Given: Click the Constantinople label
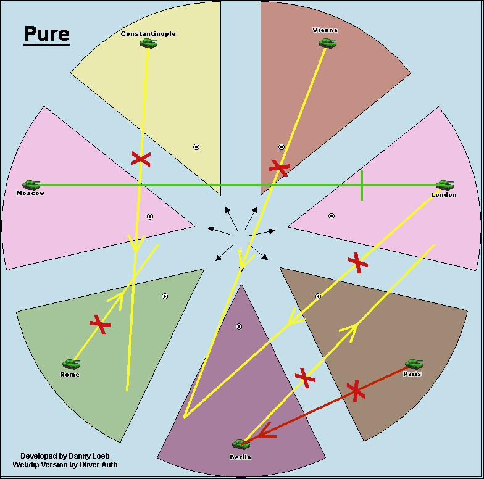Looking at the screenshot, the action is coord(148,34).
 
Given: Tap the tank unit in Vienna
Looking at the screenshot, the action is coord(327,43).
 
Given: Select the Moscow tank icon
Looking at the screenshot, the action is coord(31,185).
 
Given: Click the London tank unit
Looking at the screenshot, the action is coord(444,185).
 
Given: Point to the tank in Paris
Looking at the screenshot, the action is coord(414,364).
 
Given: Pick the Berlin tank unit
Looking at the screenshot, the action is coord(241,444).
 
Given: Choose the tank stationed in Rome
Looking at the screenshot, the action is coord(71,364).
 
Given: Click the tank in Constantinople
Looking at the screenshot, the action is coord(148,43).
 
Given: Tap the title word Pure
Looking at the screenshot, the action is coord(47,34).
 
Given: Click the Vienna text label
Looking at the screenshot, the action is coord(325,30).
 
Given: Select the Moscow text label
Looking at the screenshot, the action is coord(30,193).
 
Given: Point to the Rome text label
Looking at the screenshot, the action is coord(70,375).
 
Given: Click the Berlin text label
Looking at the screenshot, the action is coord(241,457).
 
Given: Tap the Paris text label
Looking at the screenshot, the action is coord(412,373).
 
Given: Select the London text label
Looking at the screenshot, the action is coord(444,195).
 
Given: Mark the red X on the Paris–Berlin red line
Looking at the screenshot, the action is coord(355,390).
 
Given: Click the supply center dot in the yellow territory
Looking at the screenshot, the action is coord(196,147).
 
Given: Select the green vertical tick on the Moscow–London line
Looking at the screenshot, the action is coord(362,185).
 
